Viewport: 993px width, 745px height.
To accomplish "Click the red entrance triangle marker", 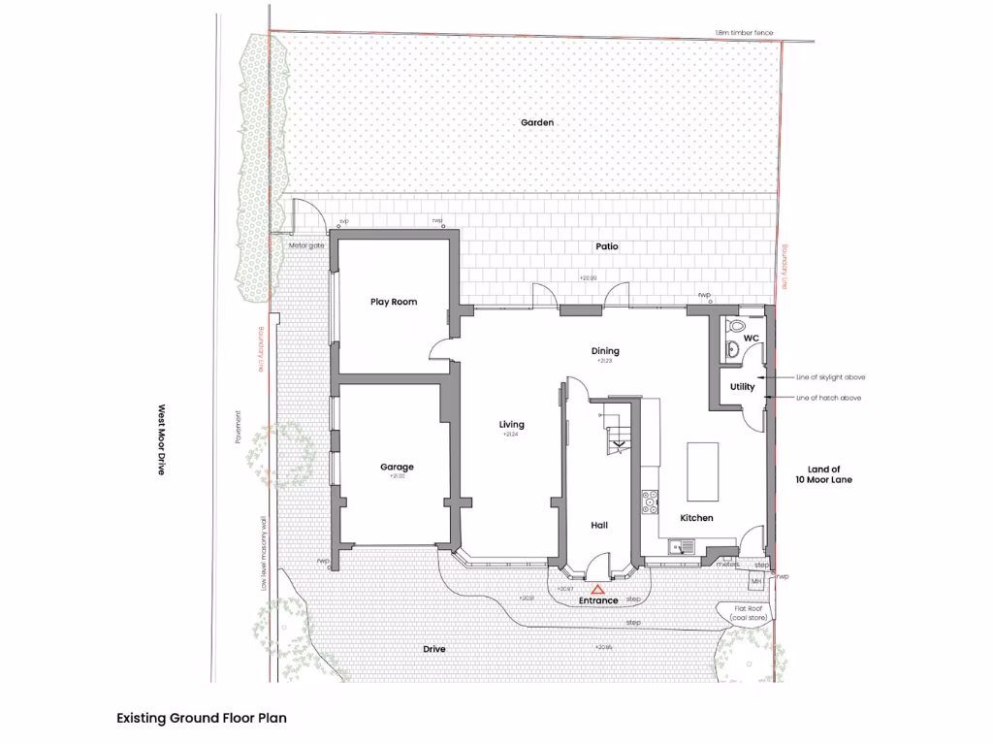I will (598, 589).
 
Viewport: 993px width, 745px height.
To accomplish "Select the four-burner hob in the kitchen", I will (649, 501).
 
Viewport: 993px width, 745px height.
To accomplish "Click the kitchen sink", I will (684, 547).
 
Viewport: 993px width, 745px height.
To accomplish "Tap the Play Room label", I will (394, 302).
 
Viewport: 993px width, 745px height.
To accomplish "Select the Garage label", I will (397, 468).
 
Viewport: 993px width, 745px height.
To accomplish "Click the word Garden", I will (536, 122).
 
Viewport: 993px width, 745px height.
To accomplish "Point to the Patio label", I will (607, 246).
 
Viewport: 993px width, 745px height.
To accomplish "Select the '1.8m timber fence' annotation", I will (745, 34).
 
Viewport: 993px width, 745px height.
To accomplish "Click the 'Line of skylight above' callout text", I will (830, 376).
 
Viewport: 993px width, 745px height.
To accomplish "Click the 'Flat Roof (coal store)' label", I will (745, 613).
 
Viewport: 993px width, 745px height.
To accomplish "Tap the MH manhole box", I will (756, 581).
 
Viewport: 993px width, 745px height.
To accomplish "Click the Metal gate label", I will (306, 245).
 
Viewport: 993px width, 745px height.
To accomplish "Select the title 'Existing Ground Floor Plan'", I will (202, 719).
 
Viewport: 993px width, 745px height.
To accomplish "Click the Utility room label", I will (742, 387).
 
